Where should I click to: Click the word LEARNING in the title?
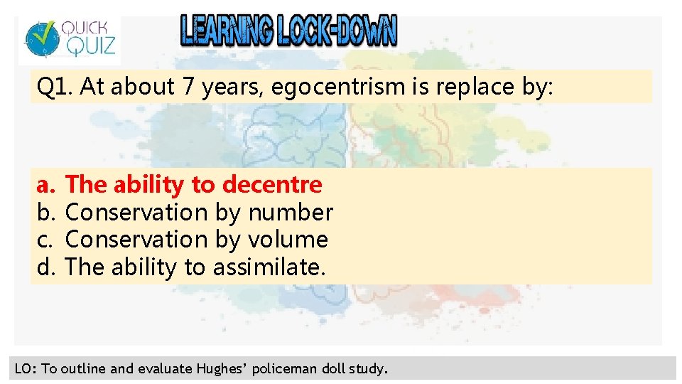click(x=227, y=31)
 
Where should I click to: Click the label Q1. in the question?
click(x=55, y=87)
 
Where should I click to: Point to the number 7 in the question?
click(x=188, y=87)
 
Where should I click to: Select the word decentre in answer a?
click(x=272, y=185)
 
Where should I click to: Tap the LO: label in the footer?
click(x=26, y=368)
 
